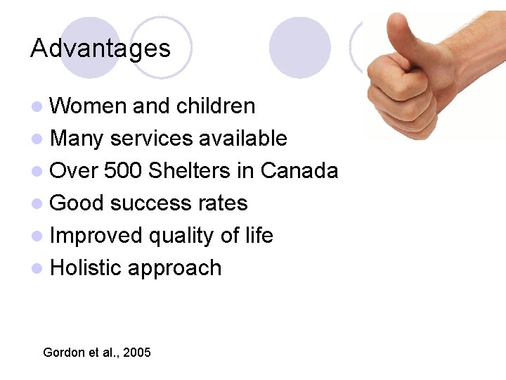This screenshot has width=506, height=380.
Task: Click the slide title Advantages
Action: click(100, 49)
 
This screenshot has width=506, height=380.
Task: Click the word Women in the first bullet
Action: click(89, 106)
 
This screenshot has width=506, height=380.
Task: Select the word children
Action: click(216, 106)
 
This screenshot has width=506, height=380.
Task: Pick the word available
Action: click(242, 138)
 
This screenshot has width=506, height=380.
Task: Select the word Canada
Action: click(299, 170)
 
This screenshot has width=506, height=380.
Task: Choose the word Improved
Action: click(96, 236)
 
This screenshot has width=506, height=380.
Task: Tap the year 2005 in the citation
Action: click(136, 352)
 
